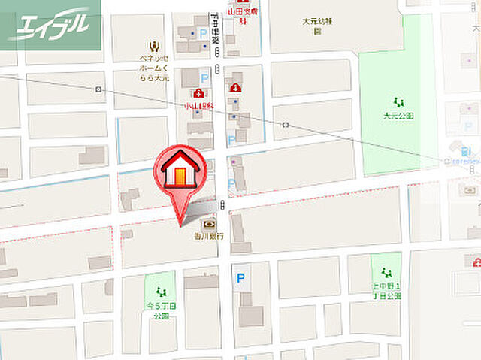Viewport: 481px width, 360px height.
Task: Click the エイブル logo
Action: [x=50, y=26]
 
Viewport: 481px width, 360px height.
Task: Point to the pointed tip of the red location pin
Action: [x=180, y=223]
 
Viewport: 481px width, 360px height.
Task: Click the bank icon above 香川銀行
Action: [x=207, y=223]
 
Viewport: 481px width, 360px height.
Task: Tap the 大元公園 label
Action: [x=398, y=116]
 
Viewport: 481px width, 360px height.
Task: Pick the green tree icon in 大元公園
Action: [x=398, y=101]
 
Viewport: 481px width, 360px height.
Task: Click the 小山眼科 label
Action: [x=198, y=107]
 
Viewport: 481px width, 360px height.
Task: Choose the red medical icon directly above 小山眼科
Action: [x=198, y=93]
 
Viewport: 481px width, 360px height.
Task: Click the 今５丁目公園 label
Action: [x=160, y=310]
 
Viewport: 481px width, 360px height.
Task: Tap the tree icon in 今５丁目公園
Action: [x=159, y=292]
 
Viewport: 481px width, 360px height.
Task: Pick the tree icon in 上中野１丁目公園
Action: [x=386, y=272]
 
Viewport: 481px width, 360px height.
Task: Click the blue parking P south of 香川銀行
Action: [x=240, y=278]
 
